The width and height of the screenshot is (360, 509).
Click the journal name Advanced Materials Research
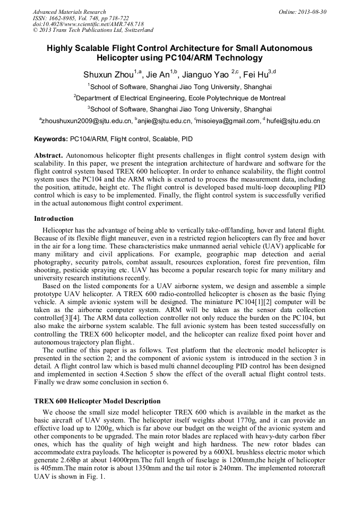pyautogui.click(x=69, y=12)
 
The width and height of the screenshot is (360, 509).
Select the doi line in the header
pyautogui.click(x=88, y=24)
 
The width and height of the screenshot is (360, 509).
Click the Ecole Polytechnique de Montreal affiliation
pyautogui.click(x=181, y=98)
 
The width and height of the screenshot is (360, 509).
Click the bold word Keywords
pyautogui.click(x=50, y=140)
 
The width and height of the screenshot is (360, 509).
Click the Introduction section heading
pyautogui.click(x=54, y=218)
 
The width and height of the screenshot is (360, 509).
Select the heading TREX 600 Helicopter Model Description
pyautogui.click(x=97, y=401)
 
